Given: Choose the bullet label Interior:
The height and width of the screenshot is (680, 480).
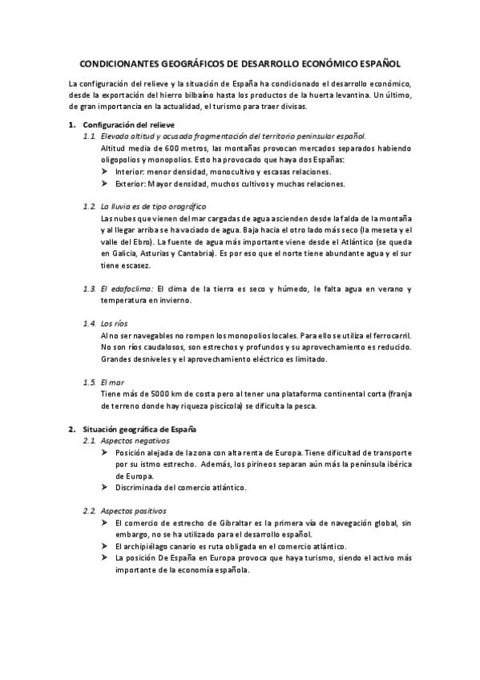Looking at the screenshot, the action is (131, 171).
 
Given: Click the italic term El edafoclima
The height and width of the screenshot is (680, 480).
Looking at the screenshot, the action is (126, 288).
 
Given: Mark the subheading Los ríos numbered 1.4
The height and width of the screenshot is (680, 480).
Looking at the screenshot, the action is (115, 322).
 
